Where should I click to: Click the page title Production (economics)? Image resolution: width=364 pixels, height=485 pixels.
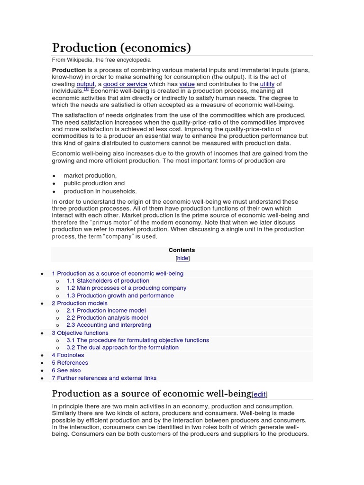pos(121,48)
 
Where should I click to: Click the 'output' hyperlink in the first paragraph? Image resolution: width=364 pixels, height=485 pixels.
pos(86,84)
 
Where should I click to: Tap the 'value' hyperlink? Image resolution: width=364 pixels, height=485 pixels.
pos(187,84)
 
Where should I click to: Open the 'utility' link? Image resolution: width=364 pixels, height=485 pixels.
pos(267,84)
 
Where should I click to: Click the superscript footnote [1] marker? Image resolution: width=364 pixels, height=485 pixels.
pos(86,89)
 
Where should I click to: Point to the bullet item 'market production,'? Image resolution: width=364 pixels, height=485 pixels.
pos(90,176)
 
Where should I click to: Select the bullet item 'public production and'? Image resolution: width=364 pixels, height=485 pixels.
pos(94,183)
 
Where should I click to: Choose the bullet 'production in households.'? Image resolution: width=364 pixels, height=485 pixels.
pos(100,191)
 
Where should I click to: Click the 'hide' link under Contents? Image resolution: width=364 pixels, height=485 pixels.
pos(182,258)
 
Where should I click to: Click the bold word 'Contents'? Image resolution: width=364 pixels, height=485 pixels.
pos(182,250)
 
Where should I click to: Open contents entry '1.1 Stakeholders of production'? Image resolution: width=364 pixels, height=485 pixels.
pos(108,281)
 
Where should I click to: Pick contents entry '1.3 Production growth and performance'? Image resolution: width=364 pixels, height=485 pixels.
pos(120,296)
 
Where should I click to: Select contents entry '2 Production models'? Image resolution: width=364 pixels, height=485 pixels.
pos(80,303)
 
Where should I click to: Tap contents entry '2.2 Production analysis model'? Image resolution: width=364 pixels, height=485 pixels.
pos(107,318)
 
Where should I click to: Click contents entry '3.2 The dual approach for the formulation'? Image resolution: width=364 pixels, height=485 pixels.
pos(122,348)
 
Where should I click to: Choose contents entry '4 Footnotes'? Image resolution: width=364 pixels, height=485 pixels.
pos(68,355)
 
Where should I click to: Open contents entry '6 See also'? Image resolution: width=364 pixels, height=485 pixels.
pos(66,370)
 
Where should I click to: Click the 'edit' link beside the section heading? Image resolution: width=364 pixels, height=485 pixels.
pos(259,395)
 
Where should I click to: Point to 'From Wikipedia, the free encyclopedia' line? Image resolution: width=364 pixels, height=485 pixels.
pos(101,60)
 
